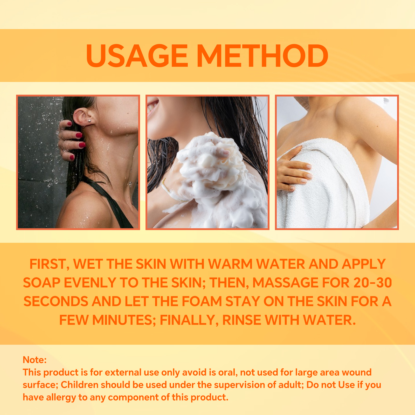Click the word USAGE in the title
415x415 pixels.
coord(137,56)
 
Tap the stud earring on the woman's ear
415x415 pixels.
coord(89,120)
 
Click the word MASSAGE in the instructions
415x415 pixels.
coord(285,283)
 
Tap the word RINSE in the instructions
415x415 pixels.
coord(241,320)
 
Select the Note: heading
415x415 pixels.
coord(34,360)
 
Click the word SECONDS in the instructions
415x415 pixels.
coord(56,301)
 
